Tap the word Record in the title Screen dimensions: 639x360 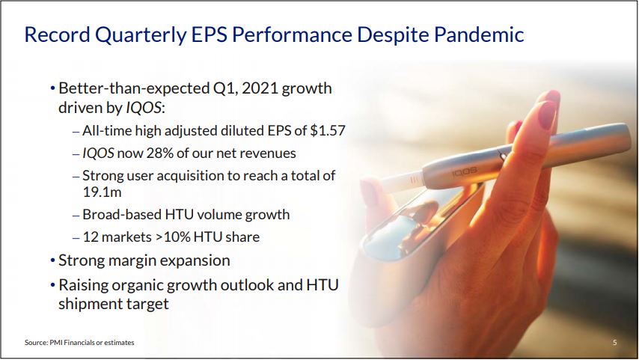[57, 34]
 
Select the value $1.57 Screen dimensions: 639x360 [328, 130]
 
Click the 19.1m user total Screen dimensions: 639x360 [103, 192]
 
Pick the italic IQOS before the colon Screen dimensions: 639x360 [143, 108]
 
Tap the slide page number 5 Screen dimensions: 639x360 [614, 343]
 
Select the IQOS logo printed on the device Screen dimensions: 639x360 [464, 171]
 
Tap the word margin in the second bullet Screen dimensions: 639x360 [132, 261]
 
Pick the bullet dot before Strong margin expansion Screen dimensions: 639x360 [52, 260]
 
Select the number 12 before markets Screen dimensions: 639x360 [91, 237]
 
